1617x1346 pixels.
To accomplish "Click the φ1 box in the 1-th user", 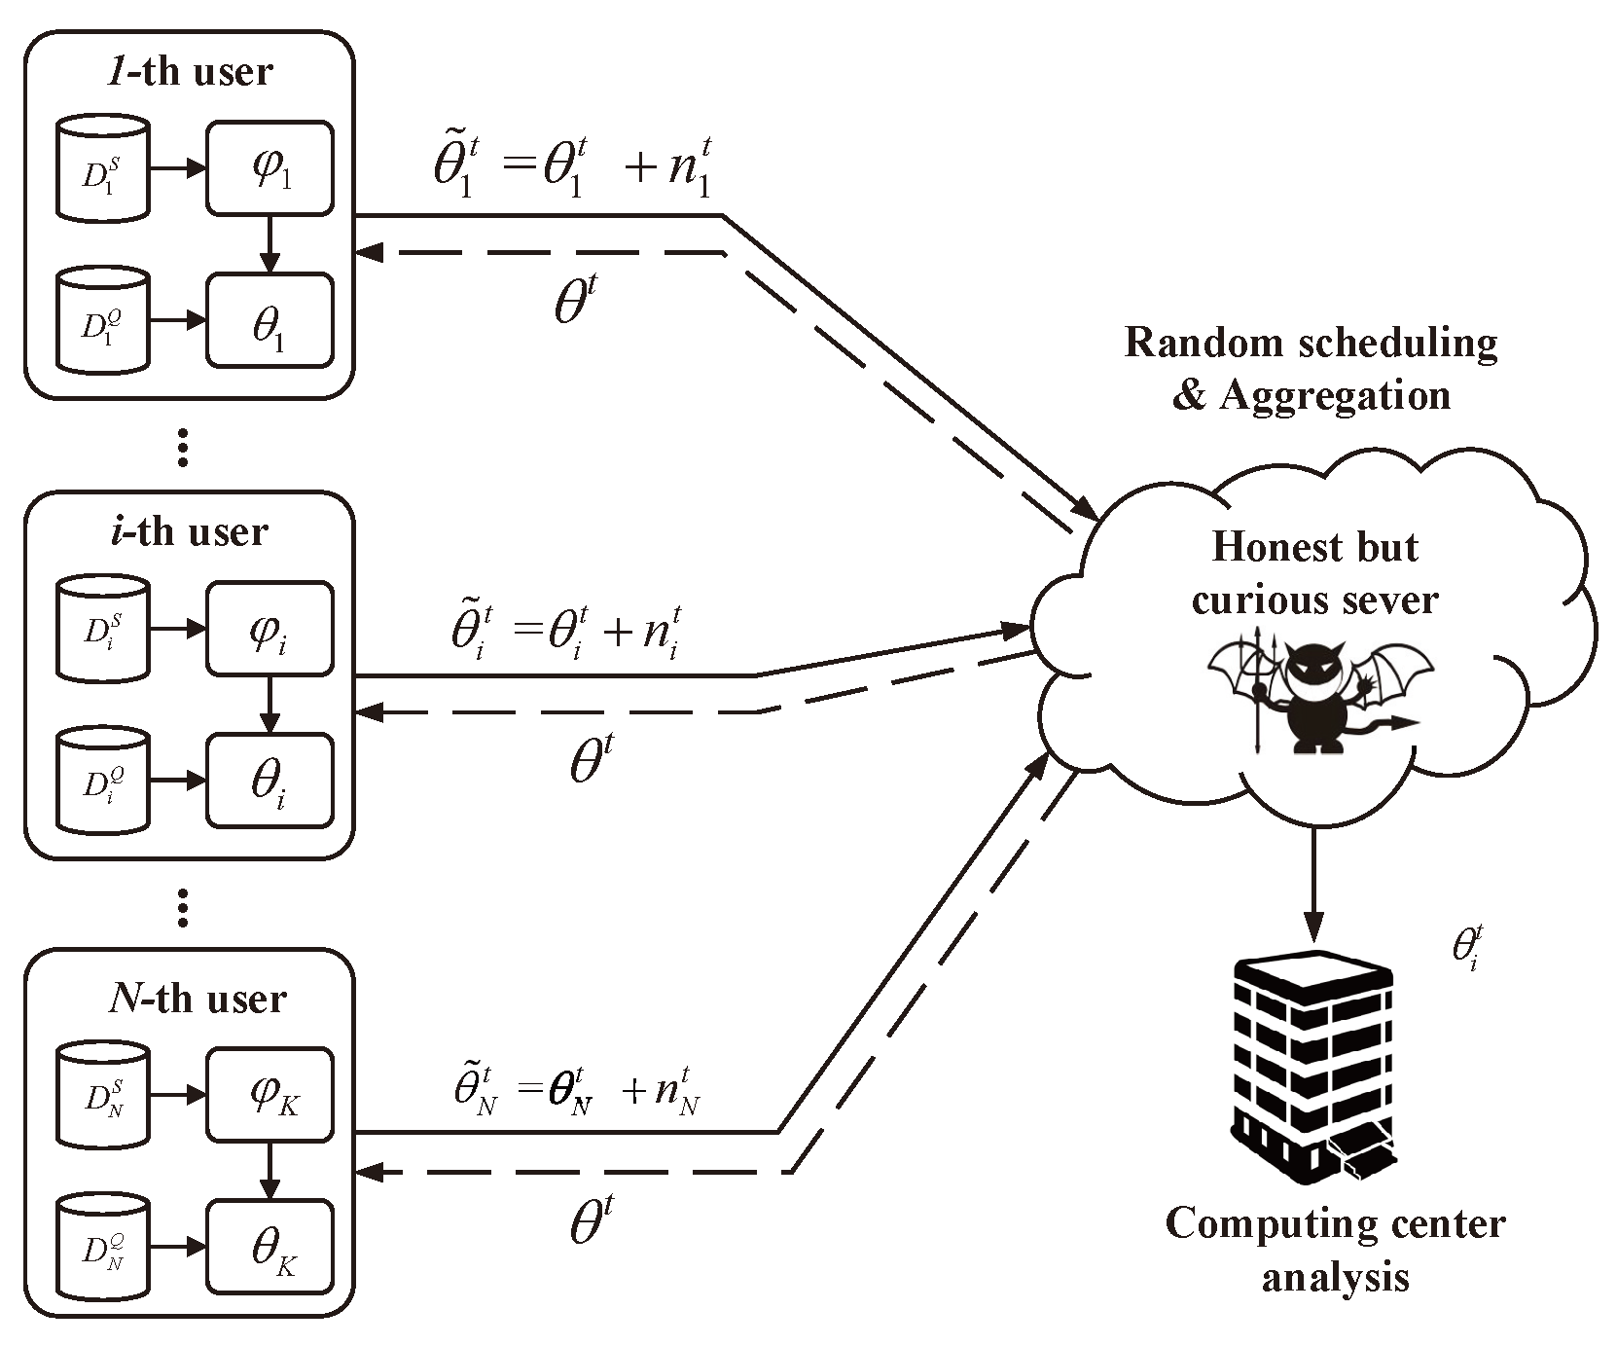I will click(269, 167).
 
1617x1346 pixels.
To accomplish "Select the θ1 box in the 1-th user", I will click(269, 319).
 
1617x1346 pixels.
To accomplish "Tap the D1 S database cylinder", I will click(102, 168).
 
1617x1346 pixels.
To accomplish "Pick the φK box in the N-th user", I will click(269, 1094).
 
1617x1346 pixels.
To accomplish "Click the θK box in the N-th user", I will click(269, 1247).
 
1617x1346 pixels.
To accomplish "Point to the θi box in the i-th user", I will click(269, 780).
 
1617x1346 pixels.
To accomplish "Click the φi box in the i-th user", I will click(269, 629).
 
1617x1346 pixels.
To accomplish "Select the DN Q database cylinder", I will click(102, 1248).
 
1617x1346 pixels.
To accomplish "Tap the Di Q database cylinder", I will click(102, 781).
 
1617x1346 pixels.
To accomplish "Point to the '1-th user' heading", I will click(192, 71).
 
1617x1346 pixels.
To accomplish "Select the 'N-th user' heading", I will click(198, 1000).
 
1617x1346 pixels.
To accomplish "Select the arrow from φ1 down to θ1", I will click(269, 243).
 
